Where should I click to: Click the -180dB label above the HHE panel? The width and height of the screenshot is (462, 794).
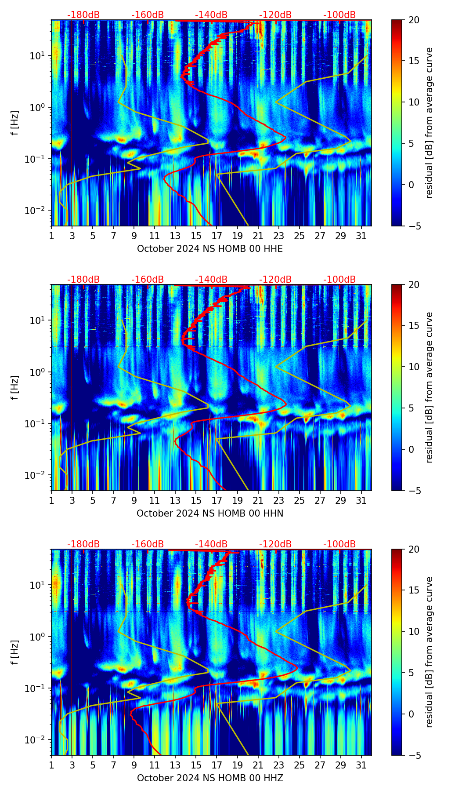83,15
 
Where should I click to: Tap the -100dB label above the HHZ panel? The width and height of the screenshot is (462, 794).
339,544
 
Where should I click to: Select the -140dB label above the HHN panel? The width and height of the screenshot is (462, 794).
211,280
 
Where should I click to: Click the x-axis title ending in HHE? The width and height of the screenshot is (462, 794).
210,249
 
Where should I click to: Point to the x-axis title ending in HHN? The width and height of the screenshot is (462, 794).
210,514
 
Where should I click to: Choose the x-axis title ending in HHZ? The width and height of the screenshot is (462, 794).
210,778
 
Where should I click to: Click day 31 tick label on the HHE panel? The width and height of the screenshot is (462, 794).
361,236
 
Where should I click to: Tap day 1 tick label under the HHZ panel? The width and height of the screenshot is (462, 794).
51,765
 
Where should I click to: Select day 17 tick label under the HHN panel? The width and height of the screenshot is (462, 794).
217,501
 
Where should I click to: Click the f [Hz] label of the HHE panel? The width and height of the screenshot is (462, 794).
15,123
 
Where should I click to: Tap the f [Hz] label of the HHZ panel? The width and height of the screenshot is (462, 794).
15,652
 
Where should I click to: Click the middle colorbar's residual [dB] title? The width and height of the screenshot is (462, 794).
429,387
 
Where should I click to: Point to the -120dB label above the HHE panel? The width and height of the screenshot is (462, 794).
275,15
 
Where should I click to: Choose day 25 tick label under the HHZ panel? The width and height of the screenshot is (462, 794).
299,765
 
